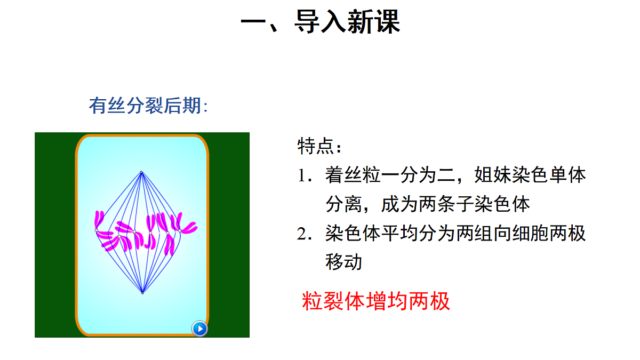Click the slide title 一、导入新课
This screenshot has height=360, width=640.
(320, 22)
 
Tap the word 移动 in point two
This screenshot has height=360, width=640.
(343, 262)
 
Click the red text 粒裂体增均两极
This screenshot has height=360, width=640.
(376, 301)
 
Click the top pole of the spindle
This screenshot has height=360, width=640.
(141, 172)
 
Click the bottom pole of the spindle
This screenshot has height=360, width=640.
(142, 293)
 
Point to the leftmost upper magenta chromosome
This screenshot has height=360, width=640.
(99, 220)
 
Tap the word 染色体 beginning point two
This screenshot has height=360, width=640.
(353, 234)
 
